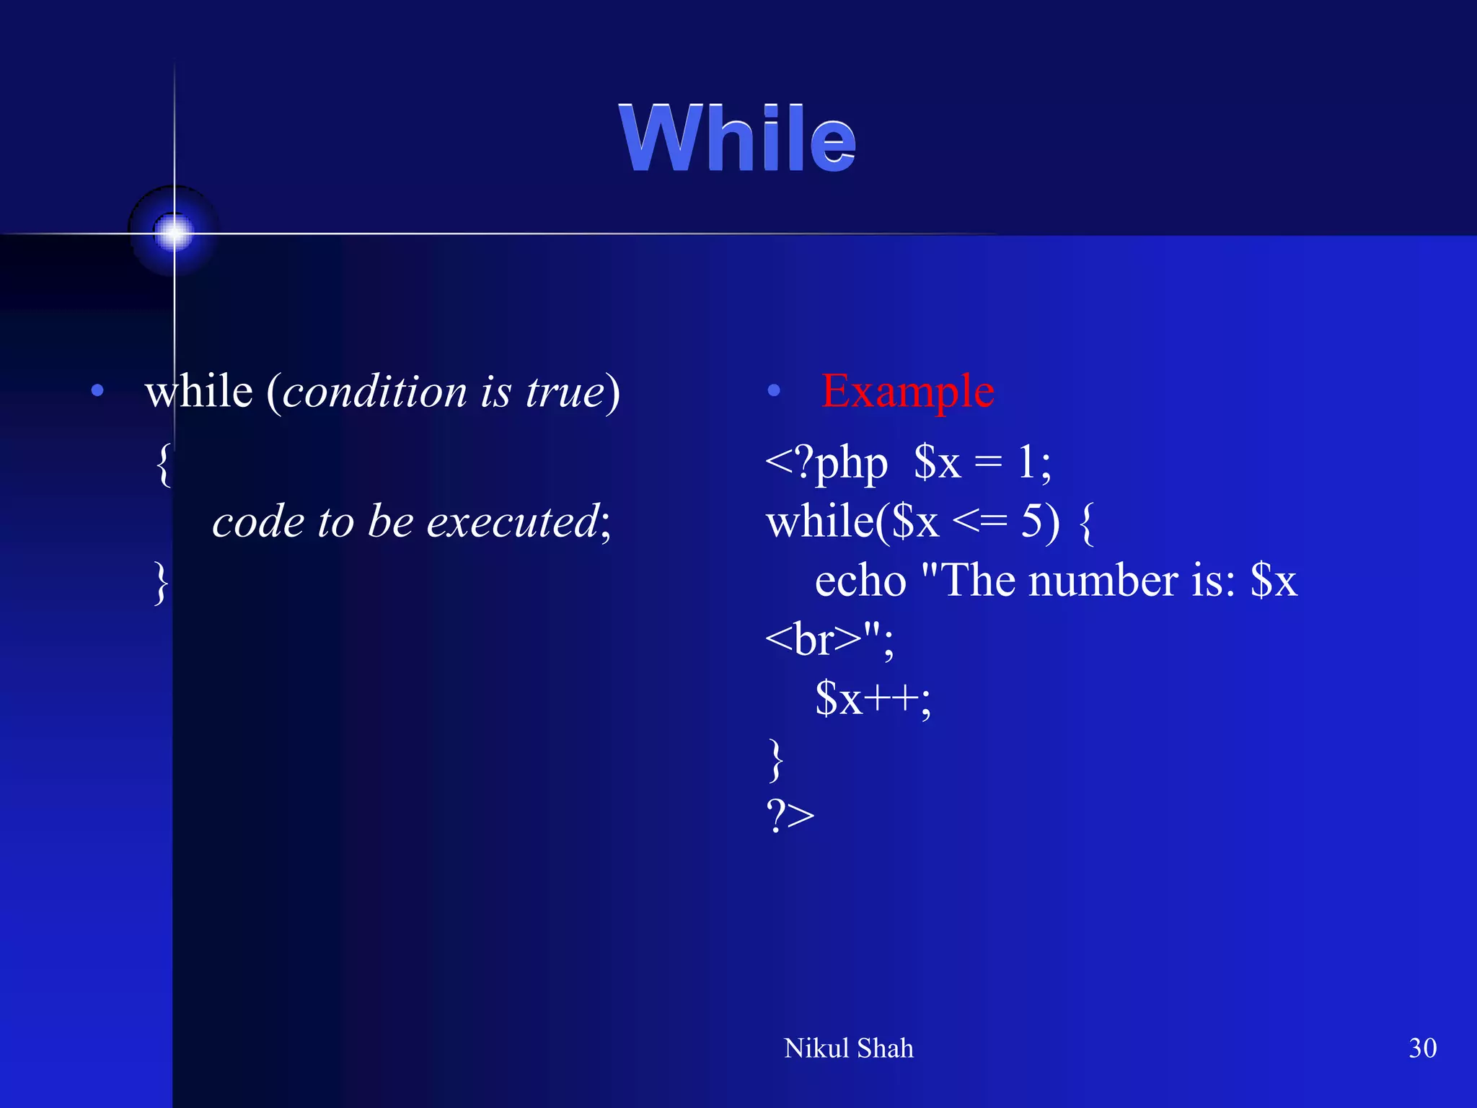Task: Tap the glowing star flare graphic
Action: click(174, 232)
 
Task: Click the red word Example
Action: click(907, 391)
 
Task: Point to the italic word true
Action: click(565, 393)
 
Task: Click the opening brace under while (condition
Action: click(164, 465)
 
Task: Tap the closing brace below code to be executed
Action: click(162, 582)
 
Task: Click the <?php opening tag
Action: click(826, 464)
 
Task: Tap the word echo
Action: click(860, 581)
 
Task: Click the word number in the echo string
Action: click(1103, 581)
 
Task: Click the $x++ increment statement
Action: click(872, 698)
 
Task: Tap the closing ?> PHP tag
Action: click(790, 816)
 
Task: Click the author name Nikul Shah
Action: click(848, 1048)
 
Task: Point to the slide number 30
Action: click(1422, 1048)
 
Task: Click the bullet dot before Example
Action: click(774, 391)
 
